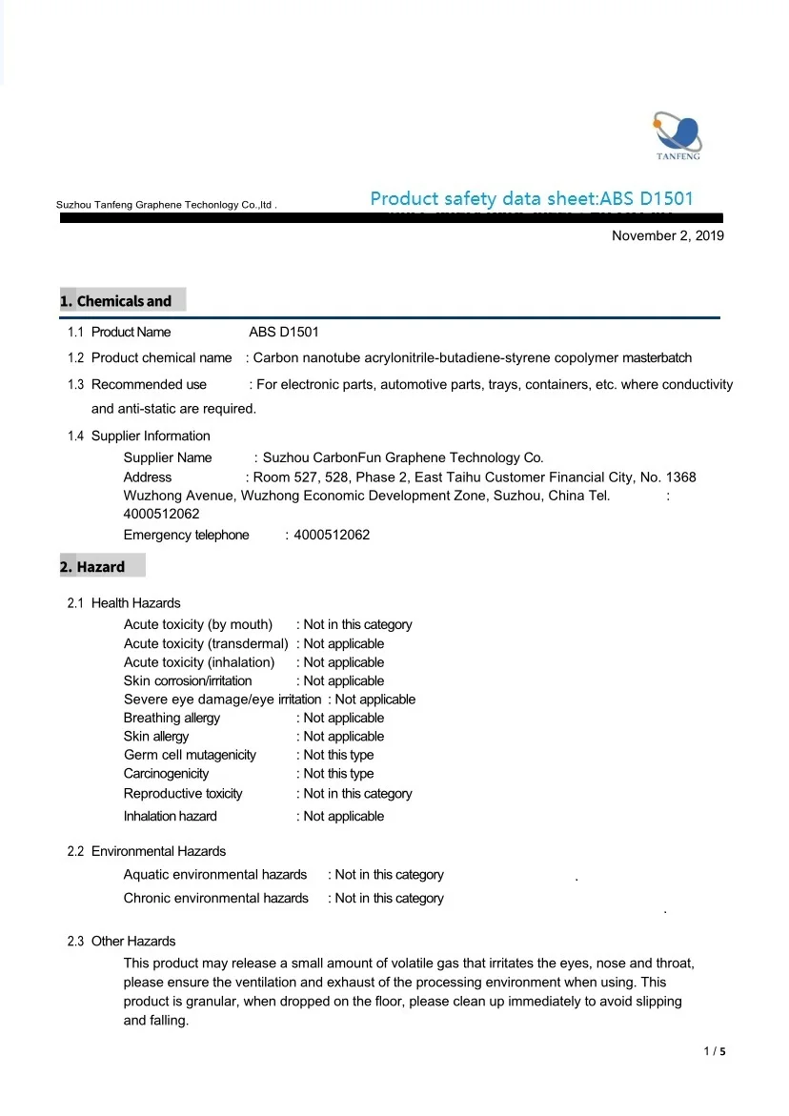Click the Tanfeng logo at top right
(x=678, y=136)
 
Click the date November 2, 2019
(x=667, y=235)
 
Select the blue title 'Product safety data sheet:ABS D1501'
(x=532, y=199)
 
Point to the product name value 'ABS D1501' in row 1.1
(x=284, y=332)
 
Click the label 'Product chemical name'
(x=161, y=358)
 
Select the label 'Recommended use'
(x=149, y=385)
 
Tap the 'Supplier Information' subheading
(x=151, y=436)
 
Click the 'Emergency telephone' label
(x=186, y=535)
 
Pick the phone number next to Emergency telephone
(x=332, y=535)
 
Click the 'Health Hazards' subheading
(x=135, y=603)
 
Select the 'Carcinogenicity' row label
(x=166, y=774)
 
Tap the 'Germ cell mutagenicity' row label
(x=190, y=755)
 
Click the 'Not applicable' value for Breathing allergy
(x=343, y=718)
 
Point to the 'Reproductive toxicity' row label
(x=183, y=794)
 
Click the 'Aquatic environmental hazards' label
(x=215, y=875)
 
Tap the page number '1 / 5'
(x=715, y=1052)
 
